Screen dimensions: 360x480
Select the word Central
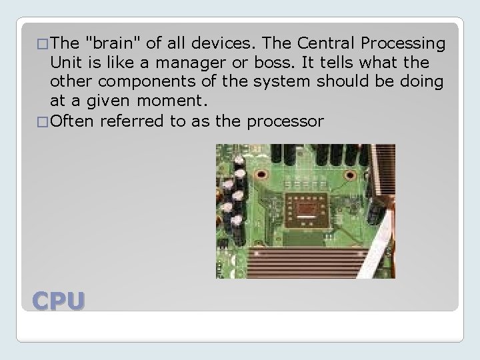[319, 44]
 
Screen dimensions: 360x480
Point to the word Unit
[65, 63]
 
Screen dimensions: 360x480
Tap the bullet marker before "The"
[43, 45]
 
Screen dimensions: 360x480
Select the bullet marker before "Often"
[43, 122]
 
